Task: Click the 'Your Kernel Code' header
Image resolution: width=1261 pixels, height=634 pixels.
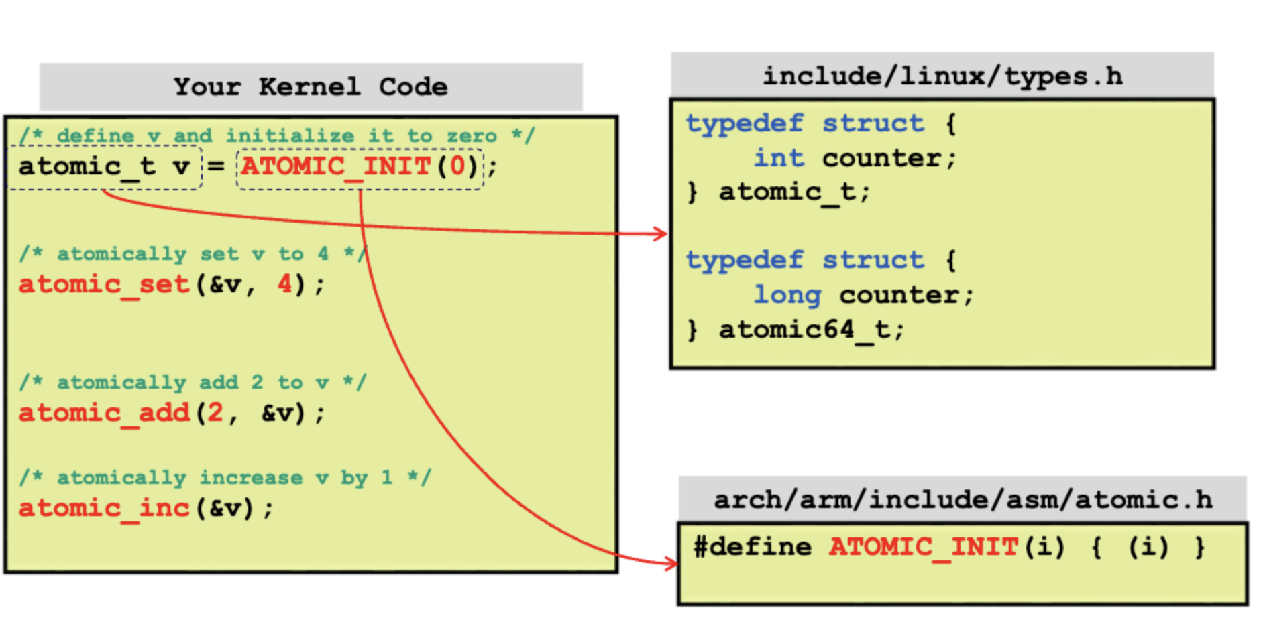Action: tap(311, 87)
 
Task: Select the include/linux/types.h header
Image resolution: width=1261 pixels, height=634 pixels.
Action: tap(942, 76)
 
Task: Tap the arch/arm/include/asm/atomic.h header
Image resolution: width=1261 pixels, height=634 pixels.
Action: tap(963, 500)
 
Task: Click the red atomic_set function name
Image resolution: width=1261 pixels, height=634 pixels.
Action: tap(104, 285)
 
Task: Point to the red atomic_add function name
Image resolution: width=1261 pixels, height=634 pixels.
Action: tap(104, 413)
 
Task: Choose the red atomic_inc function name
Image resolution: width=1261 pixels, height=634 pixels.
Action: tap(104, 508)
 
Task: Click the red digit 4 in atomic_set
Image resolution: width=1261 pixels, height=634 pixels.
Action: tap(285, 284)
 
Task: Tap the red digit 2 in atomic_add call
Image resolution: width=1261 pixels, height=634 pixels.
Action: tap(215, 412)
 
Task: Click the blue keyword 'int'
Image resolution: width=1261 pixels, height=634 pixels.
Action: tap(778, 158)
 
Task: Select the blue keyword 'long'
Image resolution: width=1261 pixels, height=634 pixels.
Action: tap(787, 295)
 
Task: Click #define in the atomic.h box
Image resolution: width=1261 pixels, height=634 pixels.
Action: tap(752, 547)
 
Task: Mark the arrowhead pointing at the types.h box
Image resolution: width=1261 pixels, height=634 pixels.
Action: tap(661, 233)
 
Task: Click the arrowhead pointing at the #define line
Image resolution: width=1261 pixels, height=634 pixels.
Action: tap(672, 564)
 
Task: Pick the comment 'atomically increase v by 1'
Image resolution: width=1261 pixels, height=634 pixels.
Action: tap(225, 478)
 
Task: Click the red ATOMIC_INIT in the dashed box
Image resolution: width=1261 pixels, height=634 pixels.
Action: tap(335, 166)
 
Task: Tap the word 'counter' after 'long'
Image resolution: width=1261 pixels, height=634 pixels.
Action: tap(899, 295)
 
